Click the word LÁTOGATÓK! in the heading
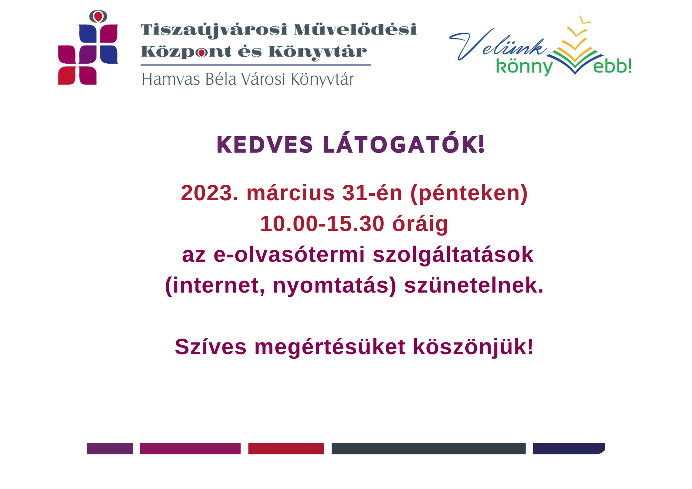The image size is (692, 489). [404, 143]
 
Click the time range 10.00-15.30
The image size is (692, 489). [322, 223]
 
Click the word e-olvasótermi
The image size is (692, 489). [289, 254]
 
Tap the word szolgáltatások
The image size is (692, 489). [453, 255]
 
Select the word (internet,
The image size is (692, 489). [215, 286]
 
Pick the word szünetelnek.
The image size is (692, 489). [474, 285]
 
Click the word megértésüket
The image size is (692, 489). [330, 347]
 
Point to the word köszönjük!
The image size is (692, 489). [473, 347]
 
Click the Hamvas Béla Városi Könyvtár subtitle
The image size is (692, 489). [248, 79]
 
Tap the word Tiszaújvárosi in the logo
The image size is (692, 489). [214, 30]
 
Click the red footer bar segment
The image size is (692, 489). [286, 449]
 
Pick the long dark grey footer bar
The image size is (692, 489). [429, 449]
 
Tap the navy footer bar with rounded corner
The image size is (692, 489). [569, 449]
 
